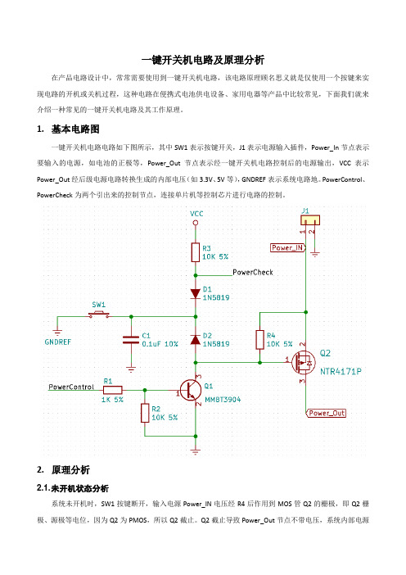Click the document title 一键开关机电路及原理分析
tap(203, 60)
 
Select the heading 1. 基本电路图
tap(68, 129)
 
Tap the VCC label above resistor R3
tap(196, 214)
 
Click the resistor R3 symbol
tap(196, 252)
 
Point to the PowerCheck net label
tap(253, 272)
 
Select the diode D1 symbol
tap(196, 293)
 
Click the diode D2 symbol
tap(196, 340)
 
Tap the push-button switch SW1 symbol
tap(99, 315)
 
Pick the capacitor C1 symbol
tap(131, 340)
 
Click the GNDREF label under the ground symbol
tap(58, 342)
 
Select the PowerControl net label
tap(71, 387)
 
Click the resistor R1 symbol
tap(112, 390)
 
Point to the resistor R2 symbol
tap(145, 413)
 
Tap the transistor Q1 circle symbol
tap(191, 390)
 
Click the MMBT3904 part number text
tap(223, 400)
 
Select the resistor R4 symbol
tap(259, 340)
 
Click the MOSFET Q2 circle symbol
tap(304, 362)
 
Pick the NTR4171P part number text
tap(341, 372)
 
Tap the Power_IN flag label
tap(288, 248)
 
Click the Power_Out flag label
tap(326, 414)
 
